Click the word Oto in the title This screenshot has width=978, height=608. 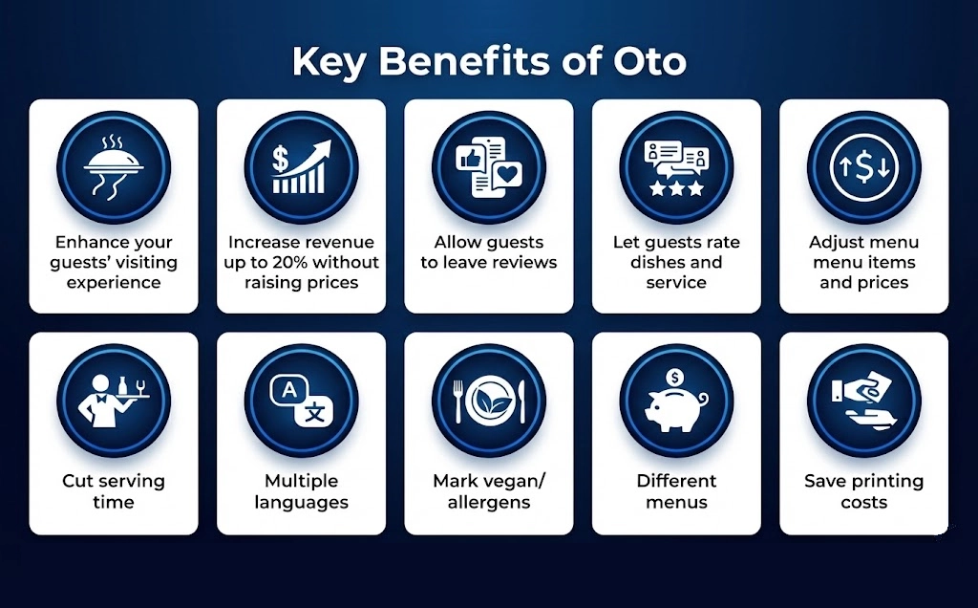pos(647,62)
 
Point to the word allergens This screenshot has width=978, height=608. pos(489,502)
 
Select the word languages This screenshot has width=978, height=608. pos(301,502)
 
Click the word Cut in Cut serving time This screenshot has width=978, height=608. pos(78,481)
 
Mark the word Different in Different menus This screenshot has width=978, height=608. pos(676,481)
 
